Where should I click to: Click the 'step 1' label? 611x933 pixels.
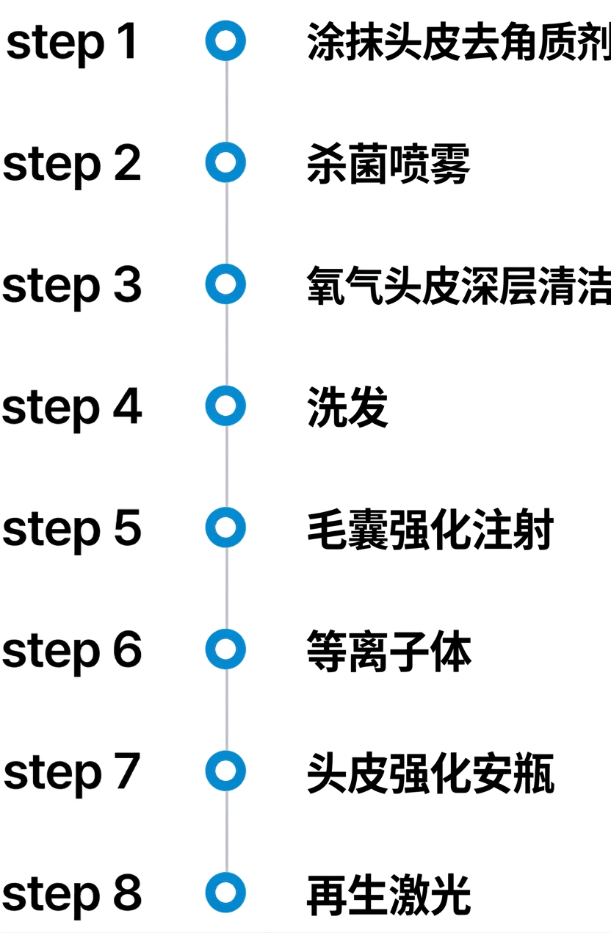click(x=72, y=43)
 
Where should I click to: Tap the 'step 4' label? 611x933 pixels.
click(x=72, y=408)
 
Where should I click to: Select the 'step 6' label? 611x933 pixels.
click(x=72, y=652)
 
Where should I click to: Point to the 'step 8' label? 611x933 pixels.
click(x=72, y=895)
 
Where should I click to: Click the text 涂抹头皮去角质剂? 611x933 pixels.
click(x=459, y=42)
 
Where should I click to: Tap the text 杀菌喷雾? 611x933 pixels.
click(x=388, y=164)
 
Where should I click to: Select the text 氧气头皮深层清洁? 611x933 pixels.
click(x=459, y=285)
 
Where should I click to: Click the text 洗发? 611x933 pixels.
click(x=347, y=407)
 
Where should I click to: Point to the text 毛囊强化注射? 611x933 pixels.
click(x=430, y=529)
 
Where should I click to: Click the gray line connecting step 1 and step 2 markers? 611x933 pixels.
click(x=226, y=101)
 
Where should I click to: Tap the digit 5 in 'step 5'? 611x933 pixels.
click(x=128, y=527)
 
